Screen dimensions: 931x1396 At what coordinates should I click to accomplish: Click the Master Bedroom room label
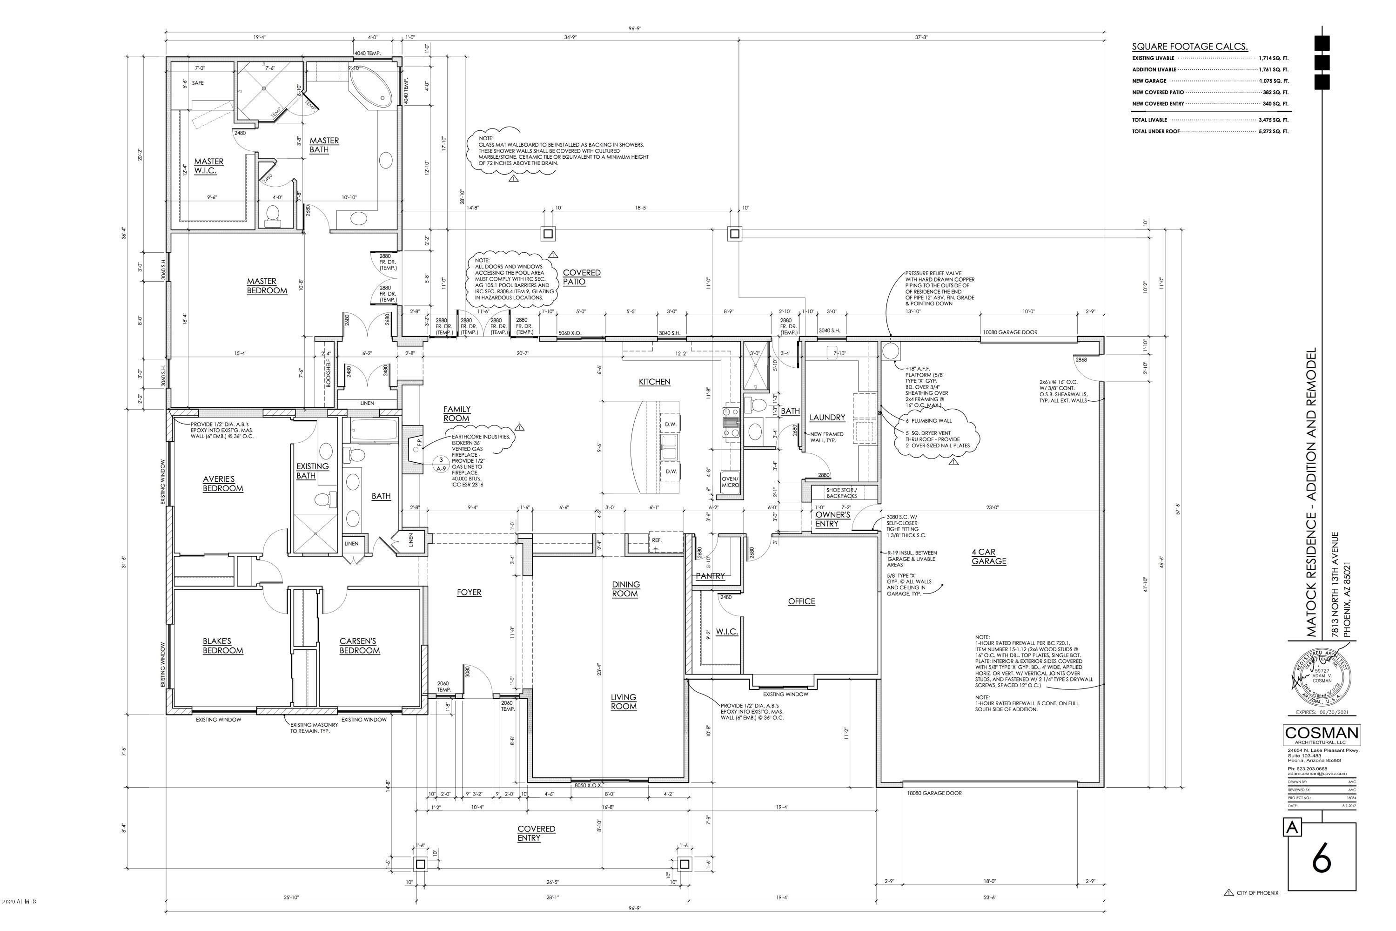tap(267, 286)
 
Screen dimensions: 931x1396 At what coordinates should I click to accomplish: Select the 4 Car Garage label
tap(988, 556)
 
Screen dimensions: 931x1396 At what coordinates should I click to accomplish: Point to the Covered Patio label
tap(581, 277)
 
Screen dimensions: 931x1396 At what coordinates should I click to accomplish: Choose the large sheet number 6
tap(1321, 857)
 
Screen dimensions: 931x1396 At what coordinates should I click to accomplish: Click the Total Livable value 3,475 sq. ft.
tap(1273, 120)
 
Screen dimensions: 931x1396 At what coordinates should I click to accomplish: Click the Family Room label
tap(456, 413)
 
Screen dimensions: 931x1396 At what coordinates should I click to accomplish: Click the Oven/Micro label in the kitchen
tap(730, 481)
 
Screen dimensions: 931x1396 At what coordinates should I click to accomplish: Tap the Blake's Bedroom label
tap(222, 645)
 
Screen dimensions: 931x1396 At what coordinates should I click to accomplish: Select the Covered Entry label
tap(536, 833)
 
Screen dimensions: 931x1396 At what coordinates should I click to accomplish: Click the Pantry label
tap(710, 576)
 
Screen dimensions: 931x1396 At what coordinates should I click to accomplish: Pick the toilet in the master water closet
tap(274, 216)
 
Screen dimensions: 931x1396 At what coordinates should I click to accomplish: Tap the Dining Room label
tap(625, 589)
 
